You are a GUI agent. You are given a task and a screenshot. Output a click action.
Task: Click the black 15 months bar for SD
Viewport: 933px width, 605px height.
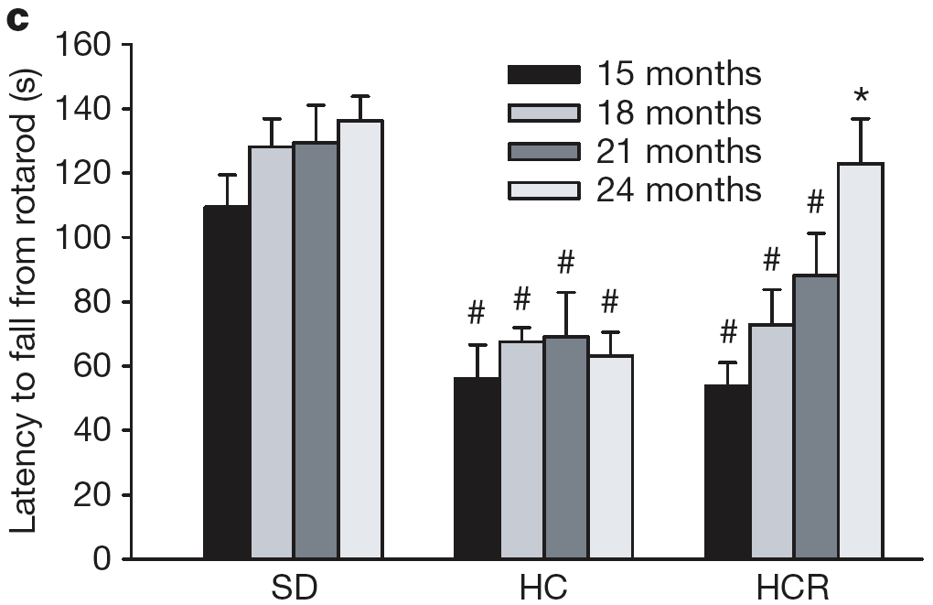click(226, 383)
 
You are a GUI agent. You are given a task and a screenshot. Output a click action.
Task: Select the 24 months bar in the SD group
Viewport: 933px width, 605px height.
click(359, 340)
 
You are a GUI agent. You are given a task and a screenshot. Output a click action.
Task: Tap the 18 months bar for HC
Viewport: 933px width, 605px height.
click(521, 449)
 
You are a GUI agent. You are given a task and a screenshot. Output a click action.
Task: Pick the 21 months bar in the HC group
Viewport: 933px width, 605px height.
click(566, 448)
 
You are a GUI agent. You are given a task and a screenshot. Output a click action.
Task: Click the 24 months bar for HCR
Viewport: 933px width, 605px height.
click(861, 361)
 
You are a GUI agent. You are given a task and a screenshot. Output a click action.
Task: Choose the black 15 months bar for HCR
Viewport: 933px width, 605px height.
click(727, 471)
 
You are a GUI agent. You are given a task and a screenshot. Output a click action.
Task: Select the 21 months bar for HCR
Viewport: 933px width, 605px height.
click(816, 416)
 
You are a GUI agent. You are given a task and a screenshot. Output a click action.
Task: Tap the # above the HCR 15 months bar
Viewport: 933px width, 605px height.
click(727, 333)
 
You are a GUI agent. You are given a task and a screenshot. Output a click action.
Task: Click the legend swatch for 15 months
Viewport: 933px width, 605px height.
click(543, 74)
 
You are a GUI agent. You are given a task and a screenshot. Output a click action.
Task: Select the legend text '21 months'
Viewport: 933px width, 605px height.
click(679, 151)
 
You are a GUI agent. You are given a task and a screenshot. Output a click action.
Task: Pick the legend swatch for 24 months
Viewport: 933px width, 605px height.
click(543, 190)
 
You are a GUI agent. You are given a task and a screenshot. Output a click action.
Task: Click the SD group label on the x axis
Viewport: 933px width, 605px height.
click(294, 586)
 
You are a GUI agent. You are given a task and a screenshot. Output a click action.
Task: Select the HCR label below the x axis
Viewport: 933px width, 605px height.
click(794, 586)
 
